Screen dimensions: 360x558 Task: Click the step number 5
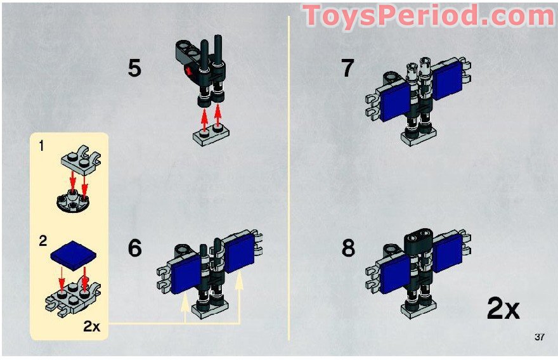coord(134,68)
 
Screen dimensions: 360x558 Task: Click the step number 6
coord(135,248)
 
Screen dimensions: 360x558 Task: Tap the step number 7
coord(347,68)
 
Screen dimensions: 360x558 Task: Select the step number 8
coord(348,248)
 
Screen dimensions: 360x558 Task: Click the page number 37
coord(539,337)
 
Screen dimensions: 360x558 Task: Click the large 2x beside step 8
coord(503,309)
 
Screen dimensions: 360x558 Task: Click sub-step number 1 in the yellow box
coord(41,146)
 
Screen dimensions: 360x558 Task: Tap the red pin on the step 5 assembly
coord(188,72)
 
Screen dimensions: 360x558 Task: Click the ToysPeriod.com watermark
coord(429,16)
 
